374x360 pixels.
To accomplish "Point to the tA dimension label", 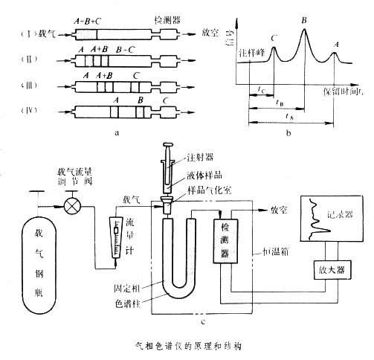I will pyautogui.click(x=288, y=117).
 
